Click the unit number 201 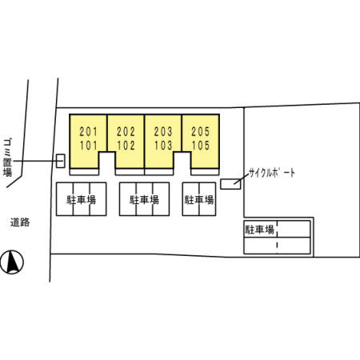(x=89, y=131)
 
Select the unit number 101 (x=89, y=146)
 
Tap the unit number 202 (x=126, y=131)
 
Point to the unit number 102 (x=126, y=146)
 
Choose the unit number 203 (x=163, y=131)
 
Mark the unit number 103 (x=163, y=146)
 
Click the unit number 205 (x=201, y=131)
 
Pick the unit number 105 (x=201, y=146)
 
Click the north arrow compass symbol (x=12, y=262)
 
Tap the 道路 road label (x=20, y=222)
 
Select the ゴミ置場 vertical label (x=7, y=158)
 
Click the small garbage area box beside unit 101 (x=61, y=161)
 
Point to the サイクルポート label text (x=272, y=173)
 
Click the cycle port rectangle (x=230, y=184)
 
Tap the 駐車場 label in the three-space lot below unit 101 (x=81, y=200)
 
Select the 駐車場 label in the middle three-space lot (x=144, y=200)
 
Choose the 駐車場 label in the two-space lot (x=199, y=200)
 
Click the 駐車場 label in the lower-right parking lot (x=260, y=230)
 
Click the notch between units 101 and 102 (x=107, y=163)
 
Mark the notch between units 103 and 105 (x=182, y=163)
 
